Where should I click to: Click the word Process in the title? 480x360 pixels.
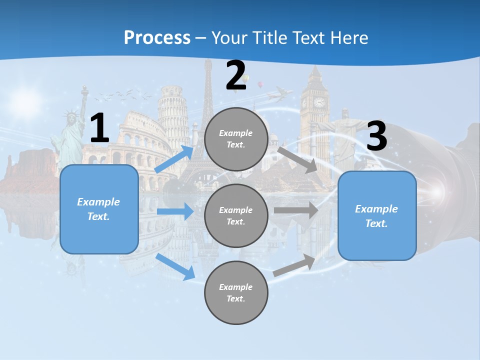[x=157, y=38]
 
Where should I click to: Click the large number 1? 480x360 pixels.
[x=99, y=128]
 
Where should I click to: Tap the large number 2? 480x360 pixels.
[x=236, y=76]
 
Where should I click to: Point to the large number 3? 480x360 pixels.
[x=376, y=136]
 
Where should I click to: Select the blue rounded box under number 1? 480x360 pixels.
[x=99, y=209]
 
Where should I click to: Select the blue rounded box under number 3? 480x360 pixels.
[x=377, y=215]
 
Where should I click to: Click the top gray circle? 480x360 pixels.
[x=236, y=139]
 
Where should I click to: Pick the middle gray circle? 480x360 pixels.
[x=236, y=215]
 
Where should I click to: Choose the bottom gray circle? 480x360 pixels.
[x=236, y=292]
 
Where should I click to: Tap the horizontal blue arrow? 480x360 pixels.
[x=175, y=211]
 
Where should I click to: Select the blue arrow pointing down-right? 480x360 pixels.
[x=175, y=266]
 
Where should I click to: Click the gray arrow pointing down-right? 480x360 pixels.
[x=298, y=159]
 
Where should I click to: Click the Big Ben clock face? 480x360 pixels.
[x=319, y=102]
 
